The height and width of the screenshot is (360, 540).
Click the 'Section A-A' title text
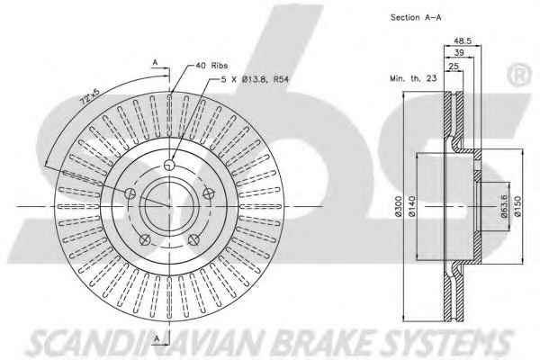(416, 18)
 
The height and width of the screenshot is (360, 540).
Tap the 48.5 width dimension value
(463, 40)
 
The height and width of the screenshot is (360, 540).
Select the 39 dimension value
(459, 53)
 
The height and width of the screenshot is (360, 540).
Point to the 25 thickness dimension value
(454, 66)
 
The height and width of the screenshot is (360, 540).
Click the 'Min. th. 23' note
(413, 78)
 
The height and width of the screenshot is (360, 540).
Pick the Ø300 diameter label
(399, 206)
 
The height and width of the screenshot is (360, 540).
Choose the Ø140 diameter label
(412, 206)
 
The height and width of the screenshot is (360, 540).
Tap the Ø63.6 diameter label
(504, 206)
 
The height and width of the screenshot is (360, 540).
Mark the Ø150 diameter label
(517, 206)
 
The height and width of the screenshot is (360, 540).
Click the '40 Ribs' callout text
(211, 66)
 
